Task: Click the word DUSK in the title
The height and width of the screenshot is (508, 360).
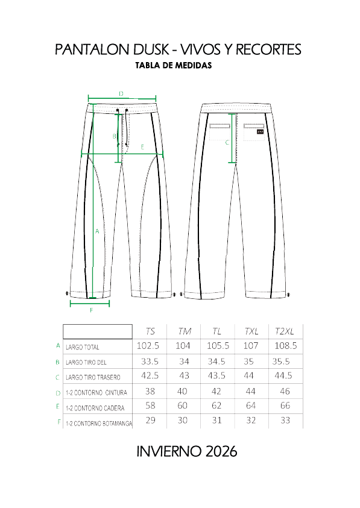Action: point(151,49)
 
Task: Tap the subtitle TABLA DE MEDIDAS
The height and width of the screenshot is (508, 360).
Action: point(174,66)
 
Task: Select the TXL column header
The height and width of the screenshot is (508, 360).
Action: point(251,331)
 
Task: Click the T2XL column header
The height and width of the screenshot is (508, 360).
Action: point(285,331)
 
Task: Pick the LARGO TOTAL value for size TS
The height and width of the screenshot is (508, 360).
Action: point(148,346)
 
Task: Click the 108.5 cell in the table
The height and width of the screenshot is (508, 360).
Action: point(286,346)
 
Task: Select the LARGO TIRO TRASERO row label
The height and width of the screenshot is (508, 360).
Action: point(93,377)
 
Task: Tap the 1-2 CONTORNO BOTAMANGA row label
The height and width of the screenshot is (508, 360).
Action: point(99,424)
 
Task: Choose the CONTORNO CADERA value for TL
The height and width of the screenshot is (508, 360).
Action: point(216,406)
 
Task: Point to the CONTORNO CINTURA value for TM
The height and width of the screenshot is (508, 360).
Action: point(182,391)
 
